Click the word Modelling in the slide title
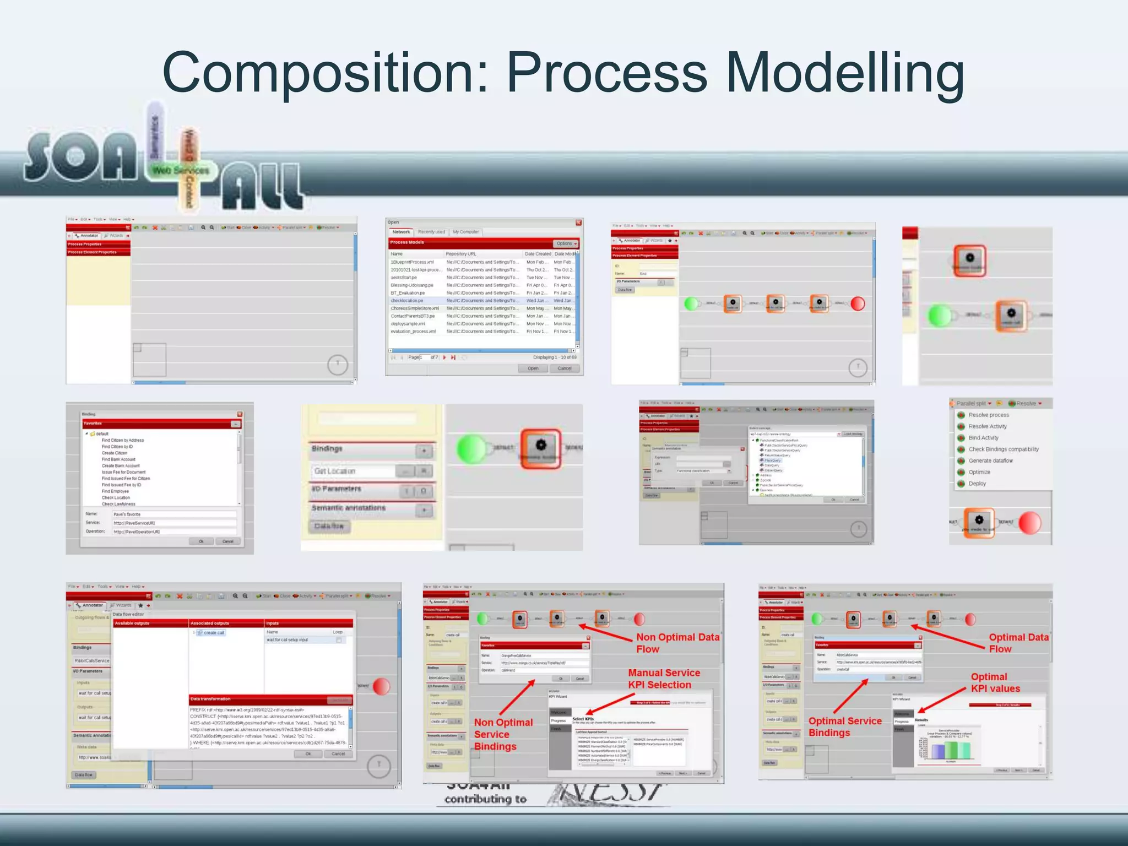pyautogui.click(x=845, y=73)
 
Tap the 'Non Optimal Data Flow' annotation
pyautogui.click(x=677, y=643)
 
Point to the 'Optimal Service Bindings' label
pyautogui.click(x=844, y=726)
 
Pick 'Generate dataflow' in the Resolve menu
pyautogui.click(x=990, y=460)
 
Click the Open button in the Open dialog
pyautogui.click(x=533, y=368)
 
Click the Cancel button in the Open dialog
pyautogui.click(x=564, y=368)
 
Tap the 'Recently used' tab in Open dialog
pyautogui.click(x=431, y=232)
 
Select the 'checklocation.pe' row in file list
pyautogui.click(x=407, y=301)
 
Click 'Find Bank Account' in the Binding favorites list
pyautogui.click(x=118, y=459)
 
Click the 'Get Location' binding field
pyautogui.click(x=352, y=471)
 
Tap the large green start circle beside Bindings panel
pyautogui.click(x=471, y=448)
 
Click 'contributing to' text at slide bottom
pyautogui.click(x=485, y=799)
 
